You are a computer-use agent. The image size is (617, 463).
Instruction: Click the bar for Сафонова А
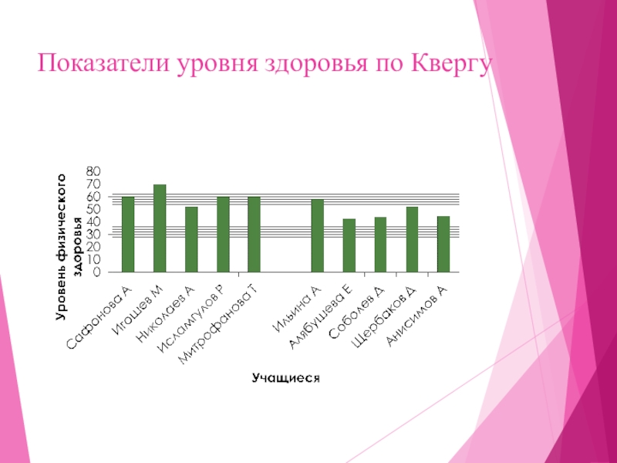click(128, 235)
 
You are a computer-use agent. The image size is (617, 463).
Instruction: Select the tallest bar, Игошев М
click(160, 228)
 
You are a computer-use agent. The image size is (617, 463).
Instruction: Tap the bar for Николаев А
click(191, 239)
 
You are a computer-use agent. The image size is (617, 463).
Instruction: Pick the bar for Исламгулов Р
click(223, 235)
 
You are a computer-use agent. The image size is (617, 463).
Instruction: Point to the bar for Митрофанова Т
click(254, 235)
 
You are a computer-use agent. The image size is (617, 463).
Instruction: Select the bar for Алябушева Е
click(349, 245)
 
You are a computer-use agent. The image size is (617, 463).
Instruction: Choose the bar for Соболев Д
click(380, 245)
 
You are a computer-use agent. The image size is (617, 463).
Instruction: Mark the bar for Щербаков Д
click(412, 239)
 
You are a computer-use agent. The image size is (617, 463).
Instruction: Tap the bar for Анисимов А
click(443, 244)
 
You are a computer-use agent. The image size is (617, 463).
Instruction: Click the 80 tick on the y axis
click(93, 171)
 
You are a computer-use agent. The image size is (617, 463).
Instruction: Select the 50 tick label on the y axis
click(93, 208)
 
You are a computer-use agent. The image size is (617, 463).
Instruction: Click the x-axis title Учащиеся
click(285, 378)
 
